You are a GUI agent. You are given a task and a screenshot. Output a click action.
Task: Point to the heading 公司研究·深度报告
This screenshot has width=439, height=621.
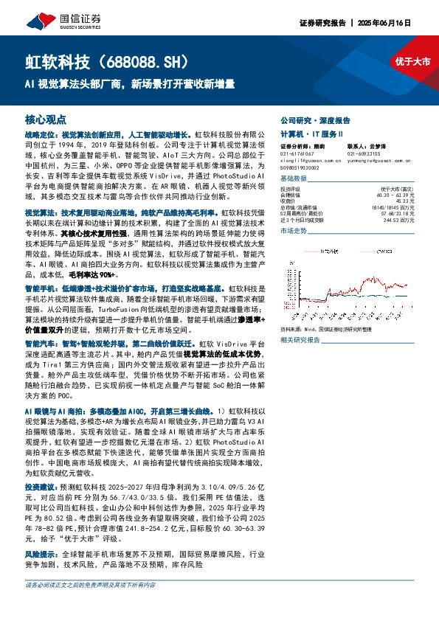click(x=315, y=119)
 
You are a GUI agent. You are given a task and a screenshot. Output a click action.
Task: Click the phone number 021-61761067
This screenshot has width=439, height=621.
click(x=297, y=153)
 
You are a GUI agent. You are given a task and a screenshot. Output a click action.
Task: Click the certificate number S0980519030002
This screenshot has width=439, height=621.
click(x=303, y=167)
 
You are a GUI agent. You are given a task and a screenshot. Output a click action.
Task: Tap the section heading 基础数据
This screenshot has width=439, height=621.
click(x=294, y=179)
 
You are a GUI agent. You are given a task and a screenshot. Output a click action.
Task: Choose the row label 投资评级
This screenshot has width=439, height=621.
click(x=290, y=189)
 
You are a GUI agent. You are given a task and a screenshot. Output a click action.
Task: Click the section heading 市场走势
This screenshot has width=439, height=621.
click(x=294, y=232)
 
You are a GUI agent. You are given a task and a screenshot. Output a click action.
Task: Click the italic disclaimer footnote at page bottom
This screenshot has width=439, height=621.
click(x=90, y=606)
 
